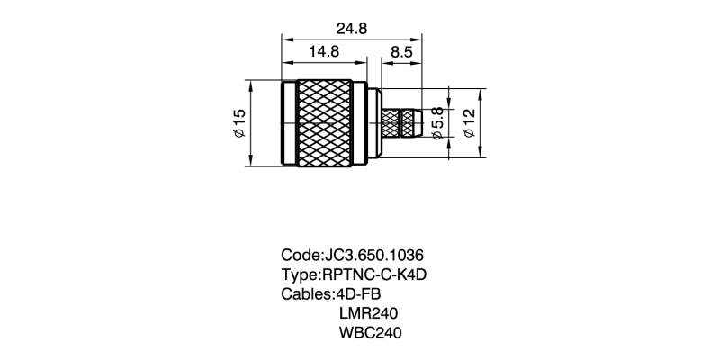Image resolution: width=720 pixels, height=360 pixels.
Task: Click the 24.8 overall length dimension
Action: coord(352,29)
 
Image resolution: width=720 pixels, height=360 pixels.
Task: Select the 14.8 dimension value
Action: coord(324,51)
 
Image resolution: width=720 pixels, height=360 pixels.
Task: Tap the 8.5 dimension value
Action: coord(401,52)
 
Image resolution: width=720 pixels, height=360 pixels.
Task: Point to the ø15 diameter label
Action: coord(239,122)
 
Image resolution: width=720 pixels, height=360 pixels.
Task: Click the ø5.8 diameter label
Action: coord(437,122)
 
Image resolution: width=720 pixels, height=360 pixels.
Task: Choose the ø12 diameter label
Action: coord(469,122)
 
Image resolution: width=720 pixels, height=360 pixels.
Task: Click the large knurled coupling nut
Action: coord(325,123)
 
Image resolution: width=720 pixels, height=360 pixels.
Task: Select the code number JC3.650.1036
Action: coord(374,255)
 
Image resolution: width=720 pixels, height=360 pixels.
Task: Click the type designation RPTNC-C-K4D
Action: coord(374,274)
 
